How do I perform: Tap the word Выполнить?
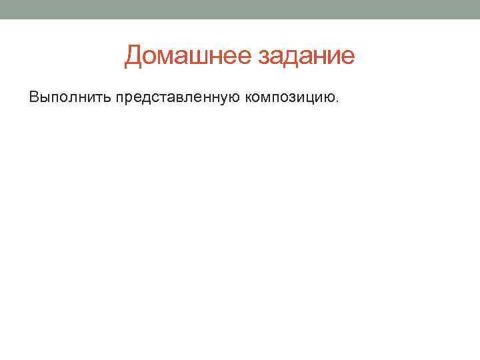[x=70, y=98]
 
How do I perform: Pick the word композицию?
[x=291, y=98]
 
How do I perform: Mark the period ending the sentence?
[x=338, y=102]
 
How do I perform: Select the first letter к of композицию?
[x=249, y=99]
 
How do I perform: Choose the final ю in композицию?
[x=330, y=99]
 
